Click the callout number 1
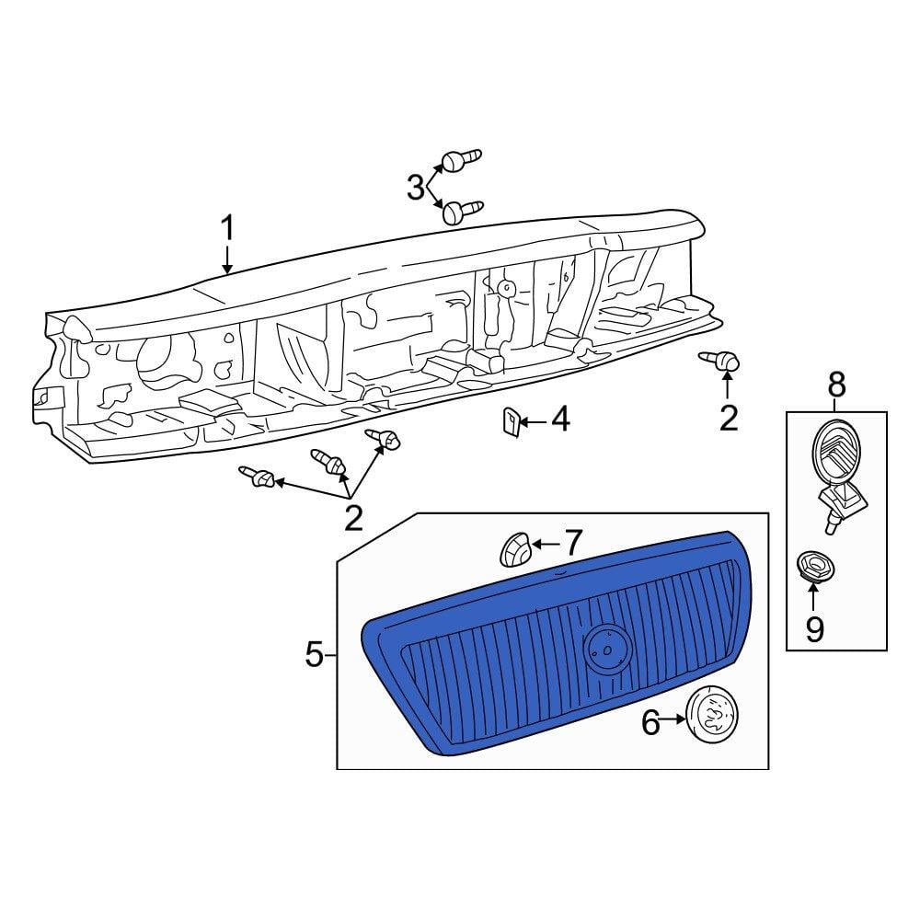coord(227,229)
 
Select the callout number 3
coord(416,188)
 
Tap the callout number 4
coord(559,420)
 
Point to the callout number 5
coord(315,654)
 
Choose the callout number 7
coord(572,543)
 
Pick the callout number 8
coord(836,385)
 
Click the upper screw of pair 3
coord(461,159)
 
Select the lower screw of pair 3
coord(463,212)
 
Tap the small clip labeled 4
coord(511,422)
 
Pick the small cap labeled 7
coord(514,551)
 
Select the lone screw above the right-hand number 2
coord(719,361)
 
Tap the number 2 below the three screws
coord(353,517)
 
